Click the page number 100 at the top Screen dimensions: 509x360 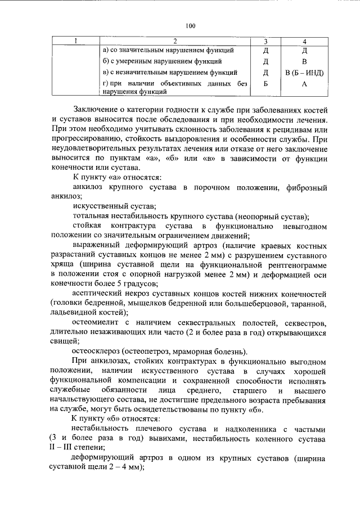[190, 25]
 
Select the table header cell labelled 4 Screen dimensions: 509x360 [304, 40]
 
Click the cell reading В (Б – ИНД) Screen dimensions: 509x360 [304, 73]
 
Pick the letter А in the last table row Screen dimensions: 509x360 [304, 84]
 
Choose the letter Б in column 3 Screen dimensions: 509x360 [265, 84]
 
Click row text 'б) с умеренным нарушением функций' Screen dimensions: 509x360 [162, 61]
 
